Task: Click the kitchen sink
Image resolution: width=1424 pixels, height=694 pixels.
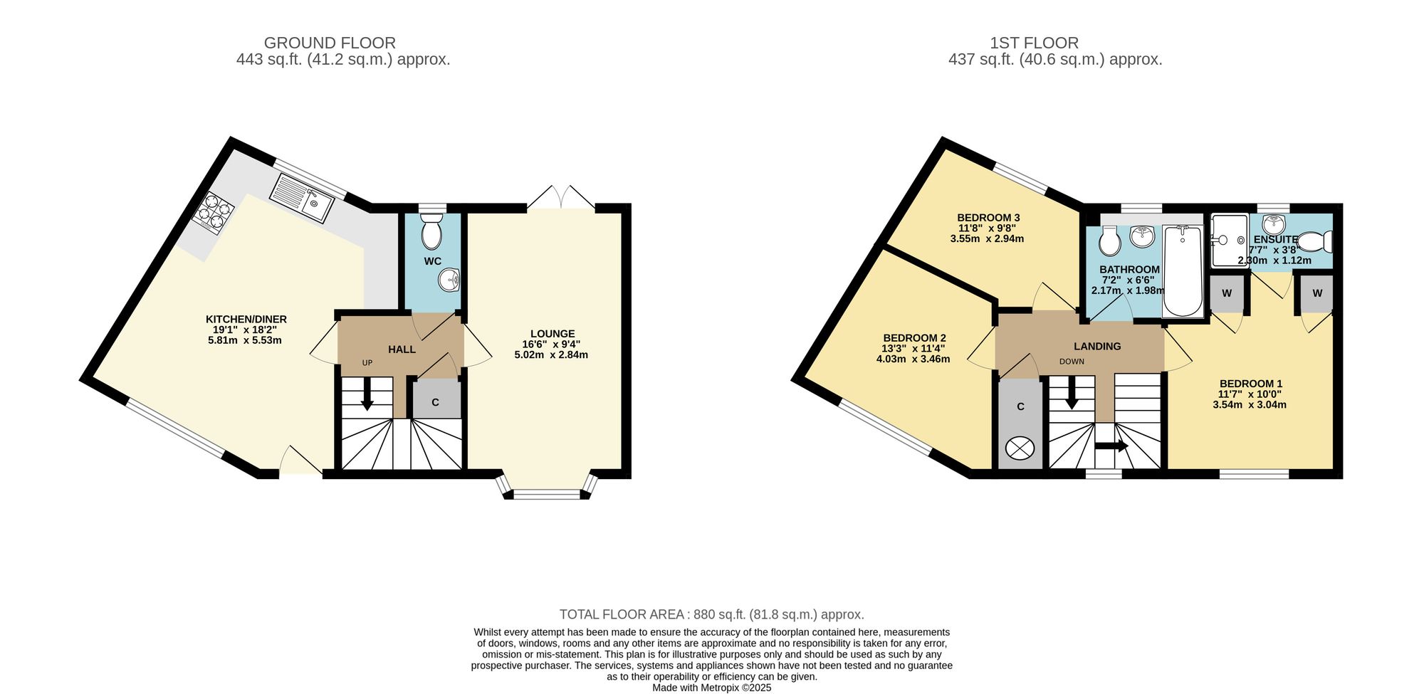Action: [x=302, y=198]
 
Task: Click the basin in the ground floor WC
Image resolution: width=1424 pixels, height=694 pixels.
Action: [x=450, y=280]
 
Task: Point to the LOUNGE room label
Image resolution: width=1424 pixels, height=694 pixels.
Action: [x=553, y=334]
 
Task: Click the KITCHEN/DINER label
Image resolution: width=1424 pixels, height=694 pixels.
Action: [x=246, y=319]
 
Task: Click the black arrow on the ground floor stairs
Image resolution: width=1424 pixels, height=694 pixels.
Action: [x=367, y=394]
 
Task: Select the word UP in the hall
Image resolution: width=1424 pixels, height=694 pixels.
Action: [x=367, y=363]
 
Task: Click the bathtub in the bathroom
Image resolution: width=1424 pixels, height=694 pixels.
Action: [x=1182, y=270]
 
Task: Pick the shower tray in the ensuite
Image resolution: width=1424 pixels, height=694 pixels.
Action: [x=1230, y=241]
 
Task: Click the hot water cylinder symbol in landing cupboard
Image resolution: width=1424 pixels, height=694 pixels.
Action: [x=1020, y=448]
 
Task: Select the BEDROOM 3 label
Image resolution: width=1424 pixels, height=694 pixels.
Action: [x=988, y=218]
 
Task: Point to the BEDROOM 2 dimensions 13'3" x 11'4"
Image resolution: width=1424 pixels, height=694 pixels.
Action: [x=914, y=349]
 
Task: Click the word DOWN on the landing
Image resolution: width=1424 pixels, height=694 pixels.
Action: [x=1072, y=362]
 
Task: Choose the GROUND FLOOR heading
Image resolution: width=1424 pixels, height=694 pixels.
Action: [x=330, y=43]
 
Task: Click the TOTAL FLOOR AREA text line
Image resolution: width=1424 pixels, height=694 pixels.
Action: [x=712, y=614]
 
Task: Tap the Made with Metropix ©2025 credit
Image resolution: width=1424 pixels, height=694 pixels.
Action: [x=712, y=688]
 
